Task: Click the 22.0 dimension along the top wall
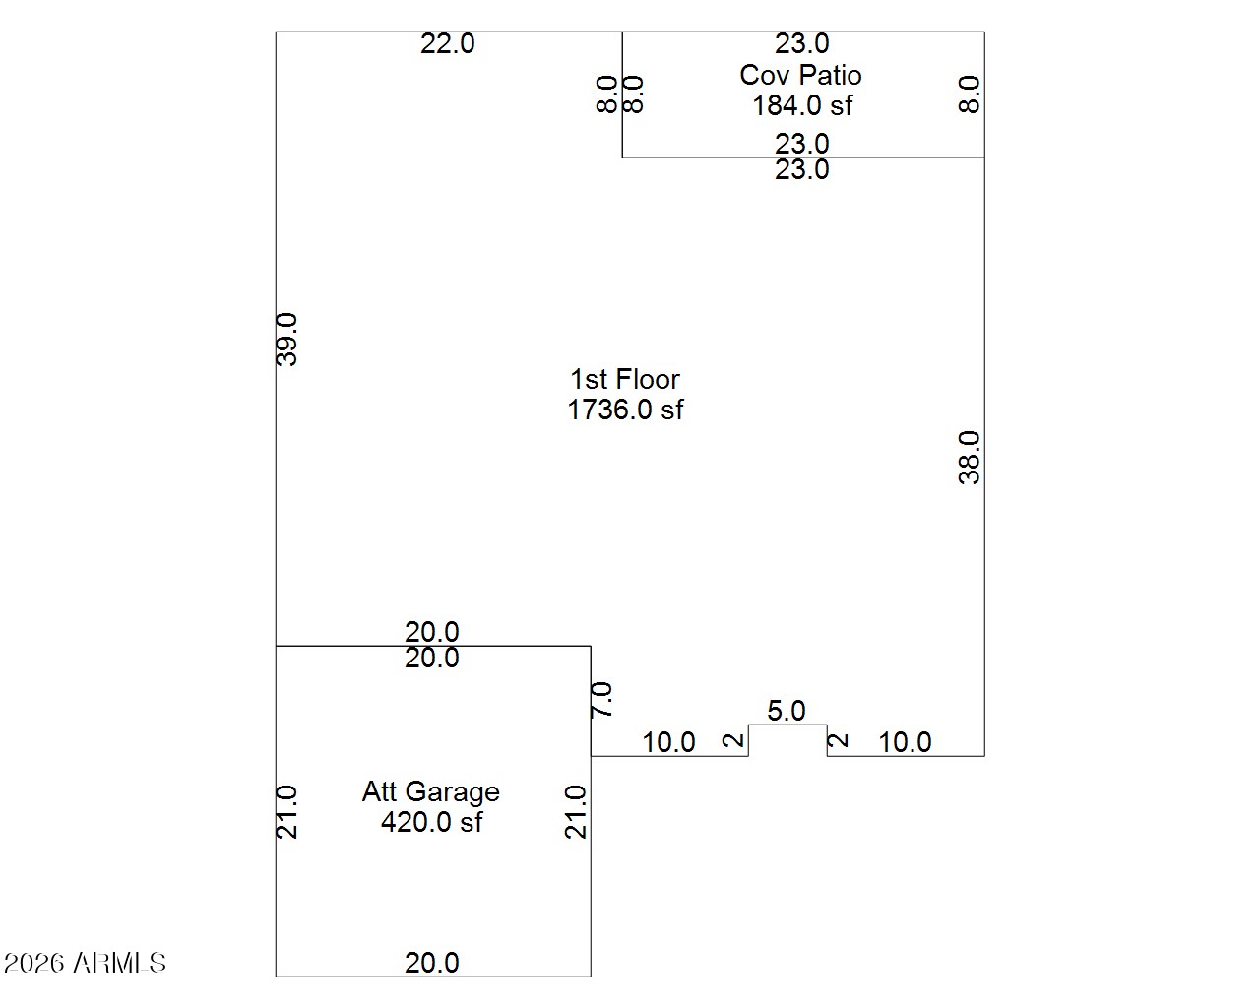447,44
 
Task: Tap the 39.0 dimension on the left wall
286,340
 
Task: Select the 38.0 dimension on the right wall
969,458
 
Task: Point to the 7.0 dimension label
601,699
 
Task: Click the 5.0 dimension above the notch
787,711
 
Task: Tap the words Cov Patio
800,75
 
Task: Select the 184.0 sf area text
802,106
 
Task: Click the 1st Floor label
625,380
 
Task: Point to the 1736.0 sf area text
625,409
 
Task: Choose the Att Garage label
431,792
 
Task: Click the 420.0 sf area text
431,822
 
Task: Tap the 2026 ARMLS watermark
85,963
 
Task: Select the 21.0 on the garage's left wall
286,812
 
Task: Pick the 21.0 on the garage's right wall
576,812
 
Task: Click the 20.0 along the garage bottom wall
431,963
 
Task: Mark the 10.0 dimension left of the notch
668,742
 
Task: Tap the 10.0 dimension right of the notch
905,742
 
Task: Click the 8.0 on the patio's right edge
969,94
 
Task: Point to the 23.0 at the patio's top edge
801,44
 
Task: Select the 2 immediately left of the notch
733,741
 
